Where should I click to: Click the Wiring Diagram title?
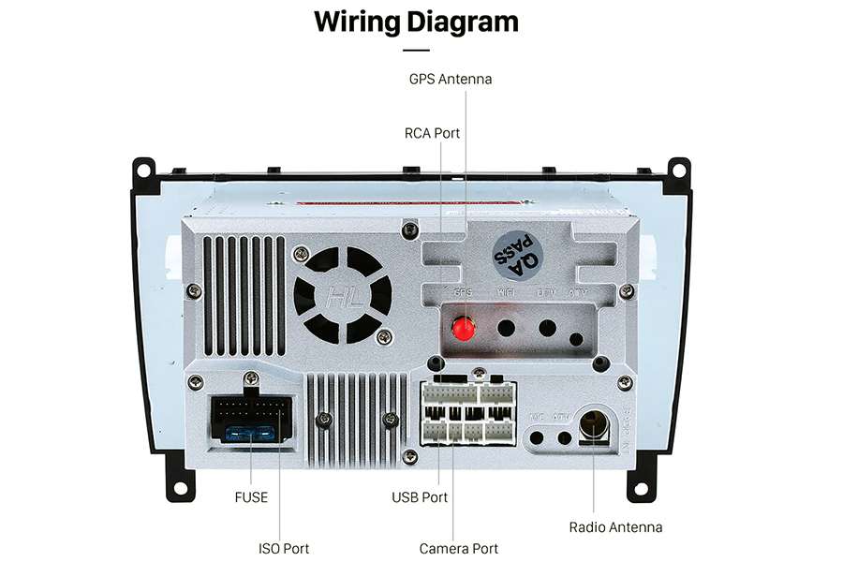(416, 21)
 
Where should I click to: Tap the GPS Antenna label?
(450, 80)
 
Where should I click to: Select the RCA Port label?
(432, 133)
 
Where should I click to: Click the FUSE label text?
(251, 497)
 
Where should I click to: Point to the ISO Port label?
(284, 548)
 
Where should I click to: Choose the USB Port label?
(420, 497)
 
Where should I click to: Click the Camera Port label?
(459, 548)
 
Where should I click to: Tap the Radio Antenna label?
(615, 527)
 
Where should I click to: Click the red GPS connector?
(463, 329)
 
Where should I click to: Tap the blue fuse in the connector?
(250, 434)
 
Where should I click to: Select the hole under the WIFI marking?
(507, 329)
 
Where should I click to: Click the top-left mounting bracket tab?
(142, 170)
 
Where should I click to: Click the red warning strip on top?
(375, 201)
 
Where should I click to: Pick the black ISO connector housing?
(249, 419)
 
